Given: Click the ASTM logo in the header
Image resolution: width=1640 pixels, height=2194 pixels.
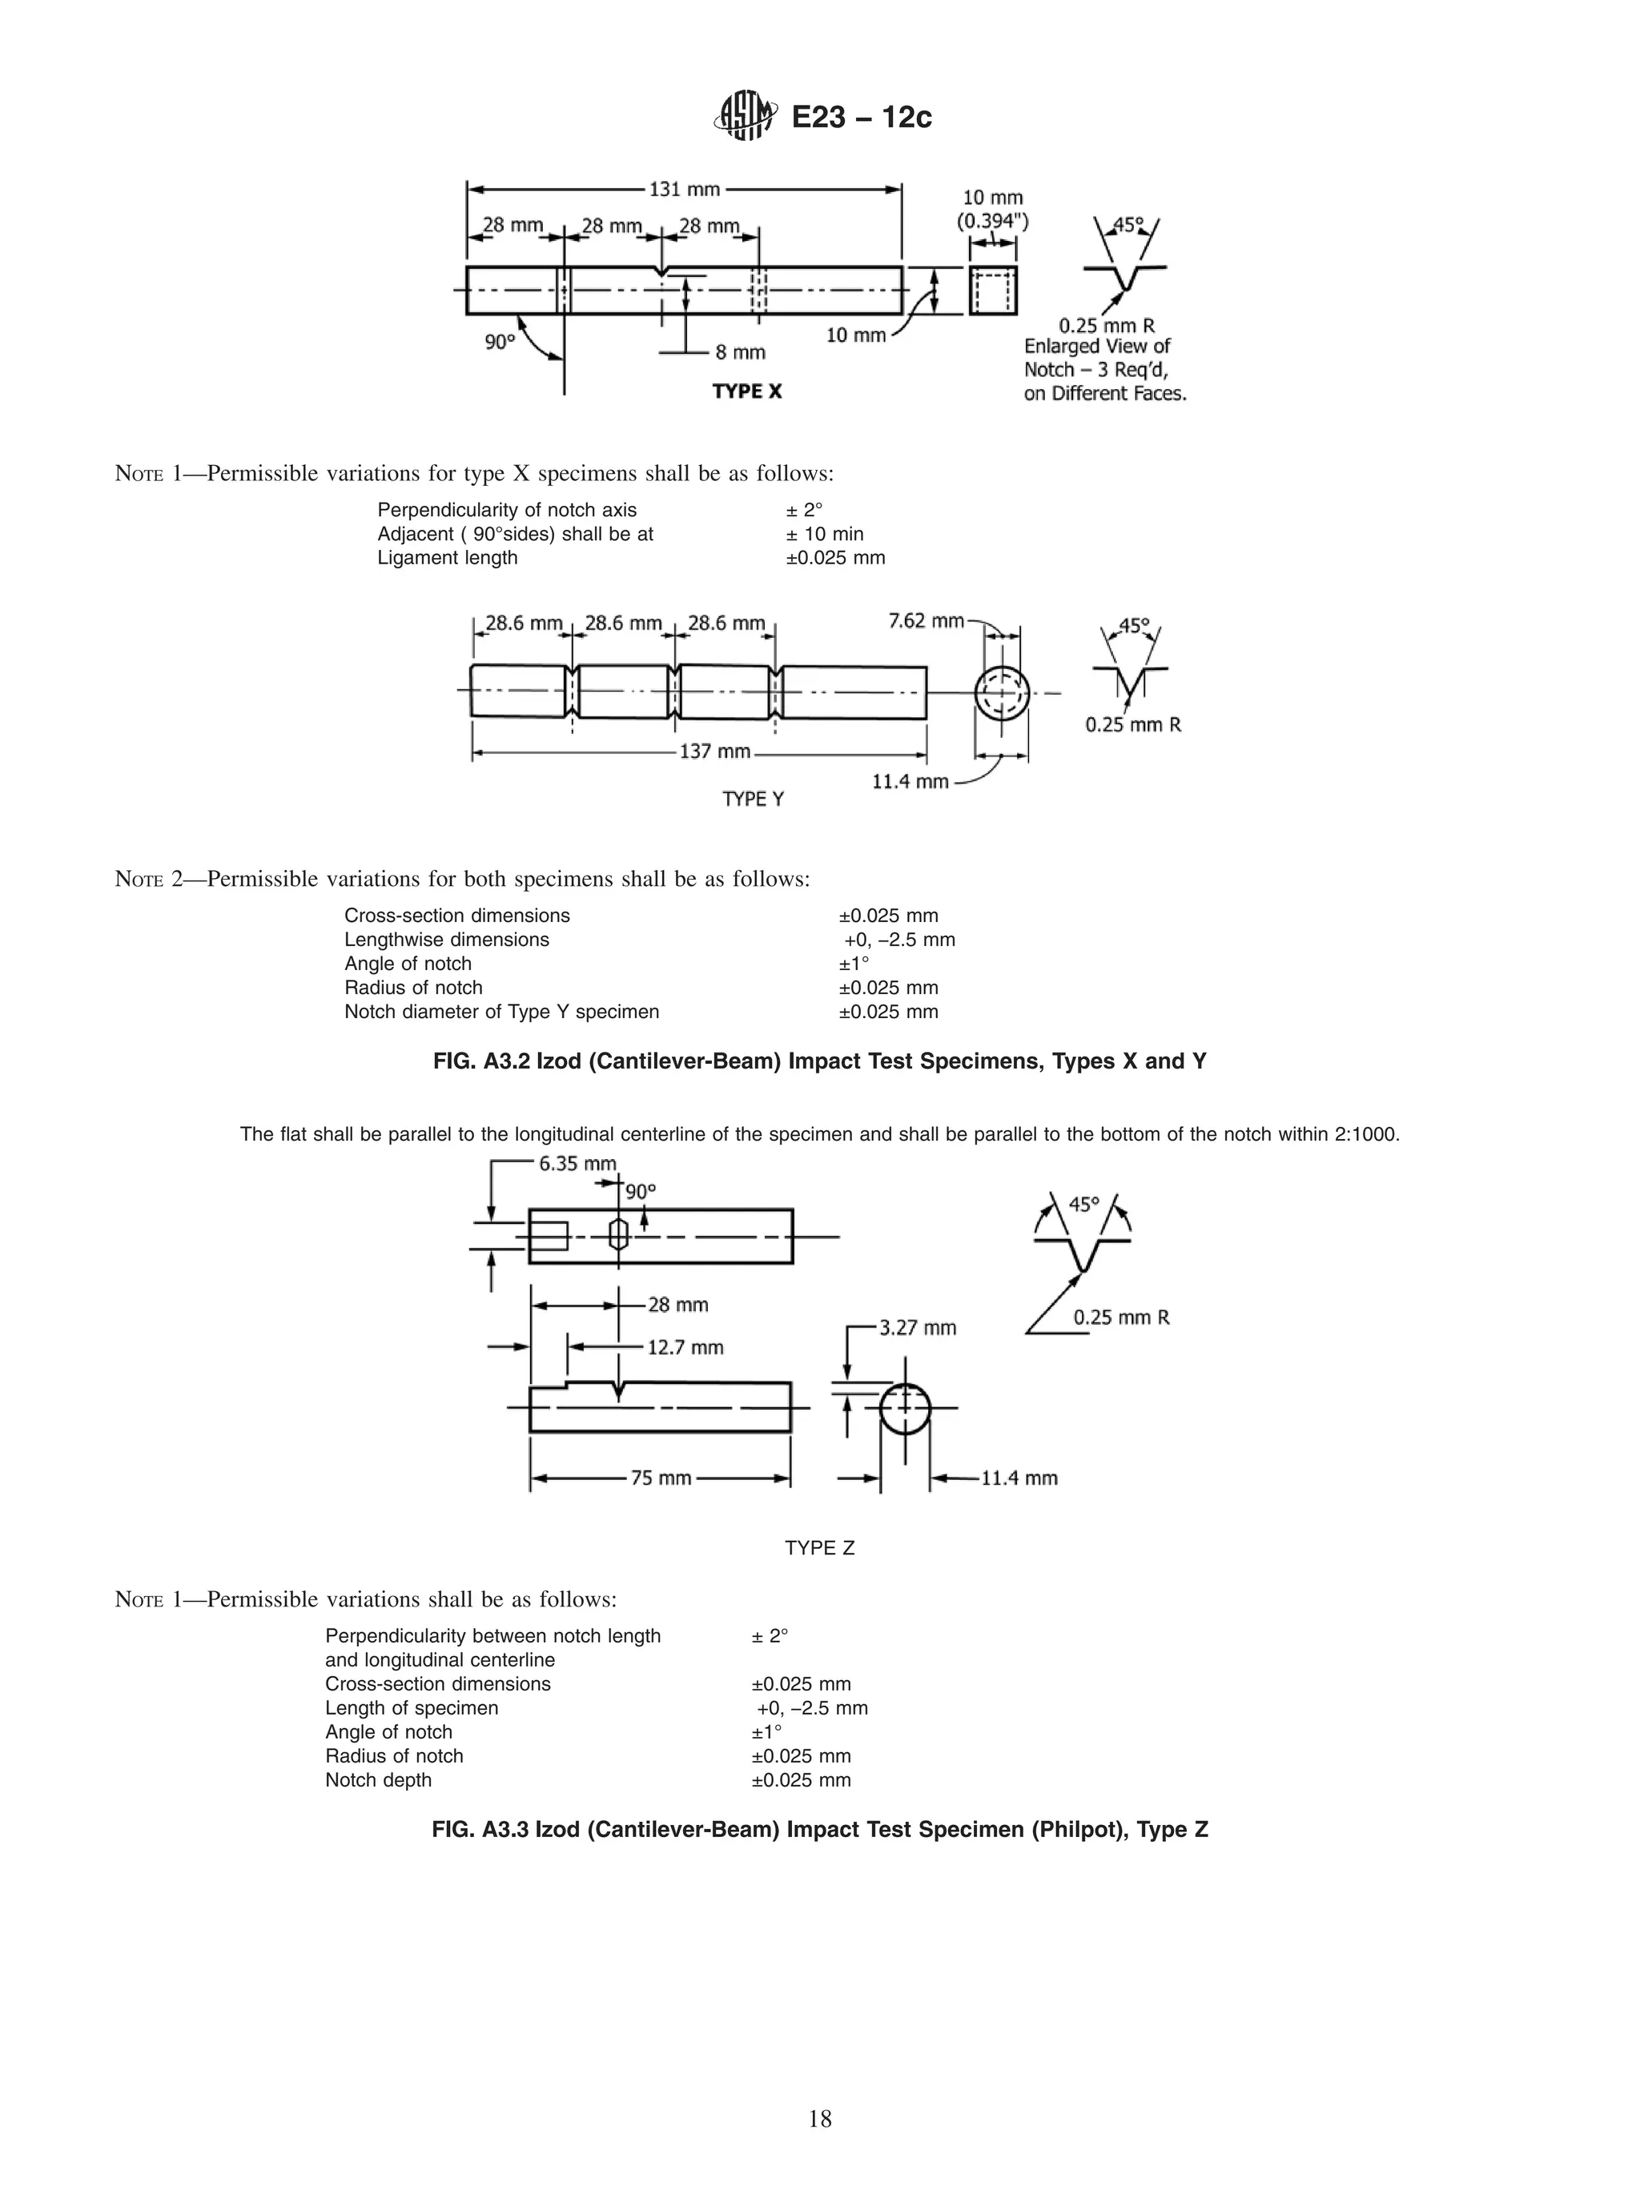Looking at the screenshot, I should [x=744, y=117].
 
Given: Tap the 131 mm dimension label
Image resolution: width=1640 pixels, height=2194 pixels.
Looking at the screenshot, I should [x=684, y=188].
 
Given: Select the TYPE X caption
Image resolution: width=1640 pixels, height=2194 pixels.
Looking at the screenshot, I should [x=747, y=391].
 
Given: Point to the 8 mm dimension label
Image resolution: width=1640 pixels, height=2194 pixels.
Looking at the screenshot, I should [x=740, y=352].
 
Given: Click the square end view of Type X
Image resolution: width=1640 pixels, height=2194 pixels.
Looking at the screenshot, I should [x=992, y=291].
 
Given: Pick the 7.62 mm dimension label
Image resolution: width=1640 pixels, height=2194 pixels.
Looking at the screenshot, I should [x=925, y=621].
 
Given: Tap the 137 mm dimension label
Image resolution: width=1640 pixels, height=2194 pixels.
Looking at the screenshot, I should [x=714, y=752].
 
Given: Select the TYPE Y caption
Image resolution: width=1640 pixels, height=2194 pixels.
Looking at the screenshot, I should [x=753, y=800].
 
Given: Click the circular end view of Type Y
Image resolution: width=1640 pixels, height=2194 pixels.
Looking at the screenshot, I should [x=1002, y=692].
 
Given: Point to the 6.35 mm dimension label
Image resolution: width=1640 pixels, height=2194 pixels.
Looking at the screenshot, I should [x=577, y=1164].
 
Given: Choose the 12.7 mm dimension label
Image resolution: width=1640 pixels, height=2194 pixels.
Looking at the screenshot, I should [x=685, y=1347].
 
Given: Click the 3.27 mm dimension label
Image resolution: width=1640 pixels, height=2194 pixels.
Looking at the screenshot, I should [x=918, y=1327].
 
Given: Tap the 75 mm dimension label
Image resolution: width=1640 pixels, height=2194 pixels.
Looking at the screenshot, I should [x=661, y=1478].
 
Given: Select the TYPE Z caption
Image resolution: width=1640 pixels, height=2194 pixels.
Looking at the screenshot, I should [x=819, y=1548].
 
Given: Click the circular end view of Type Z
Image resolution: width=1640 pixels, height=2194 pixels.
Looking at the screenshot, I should [x=905, y=1409].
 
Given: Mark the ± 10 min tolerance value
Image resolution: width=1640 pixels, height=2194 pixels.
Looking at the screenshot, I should [x=825, y=535].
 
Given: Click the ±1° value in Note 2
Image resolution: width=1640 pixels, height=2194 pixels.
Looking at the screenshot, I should [x=854, y=964].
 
